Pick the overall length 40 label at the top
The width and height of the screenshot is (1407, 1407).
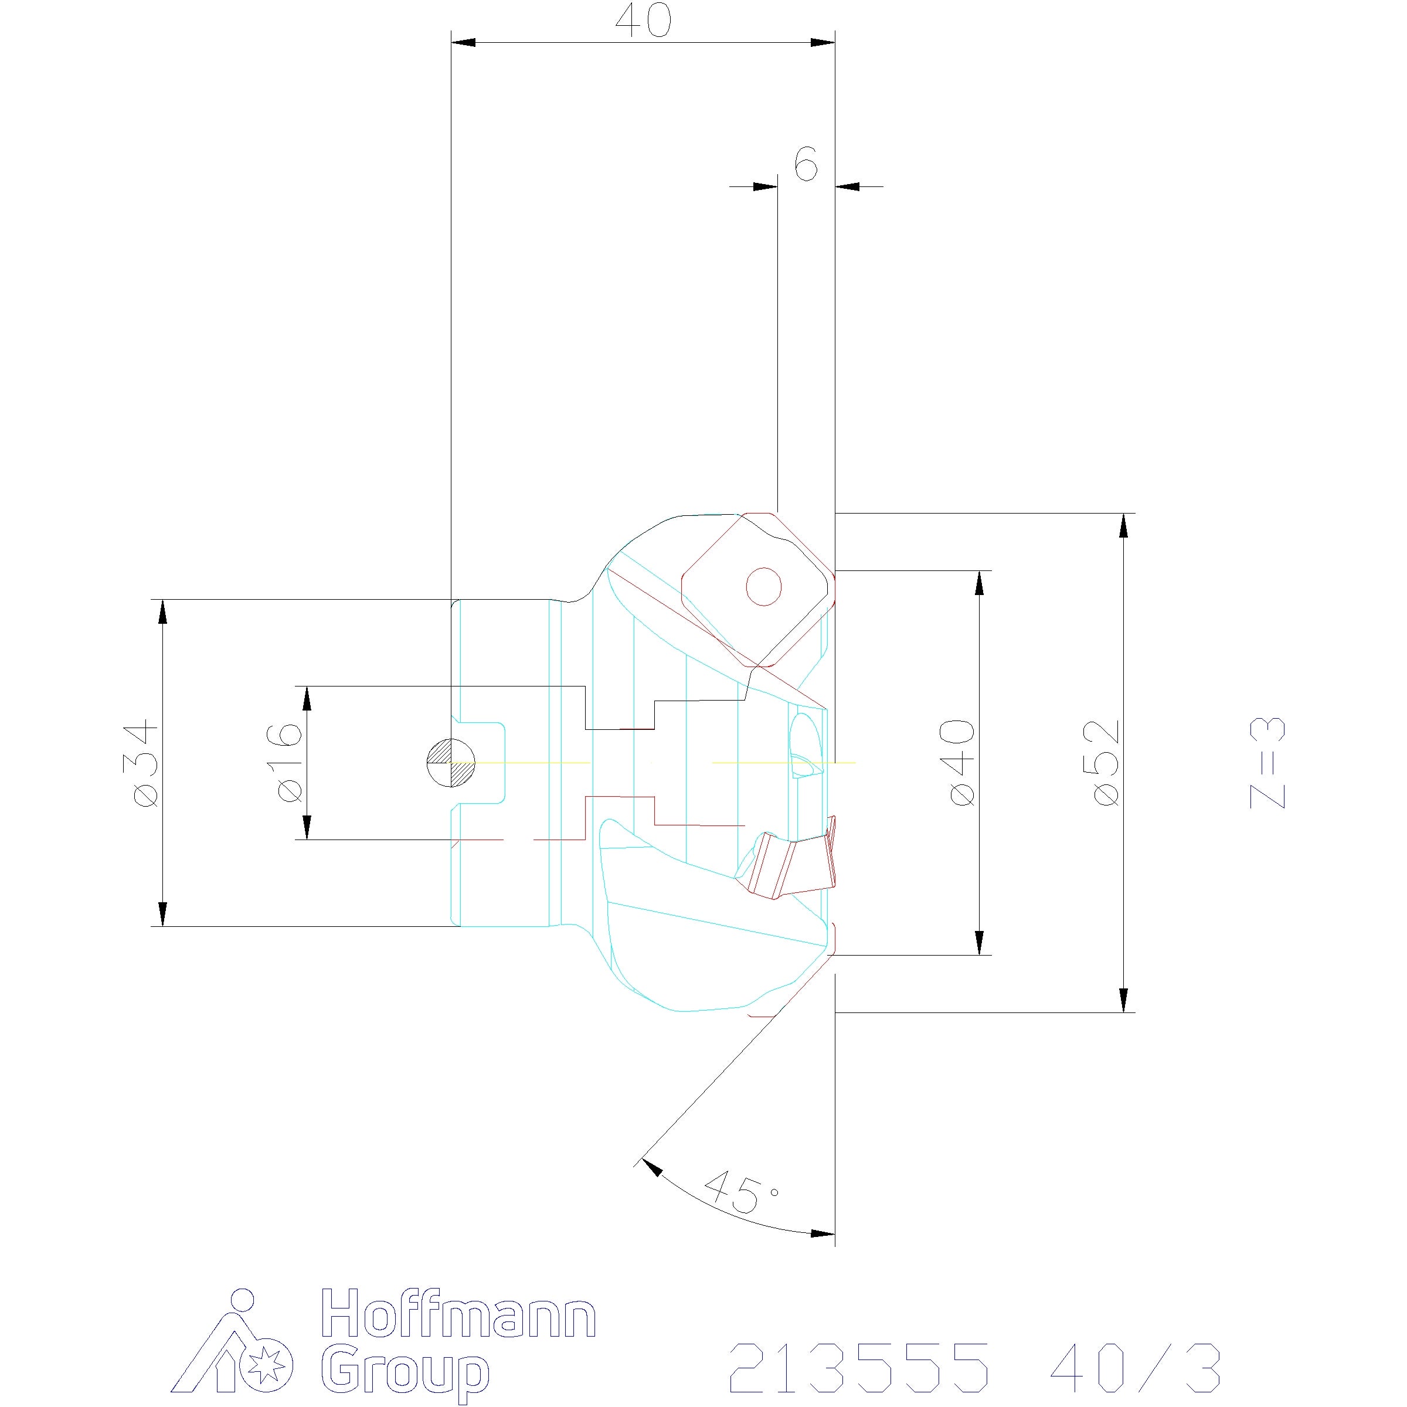pos(643,22)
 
